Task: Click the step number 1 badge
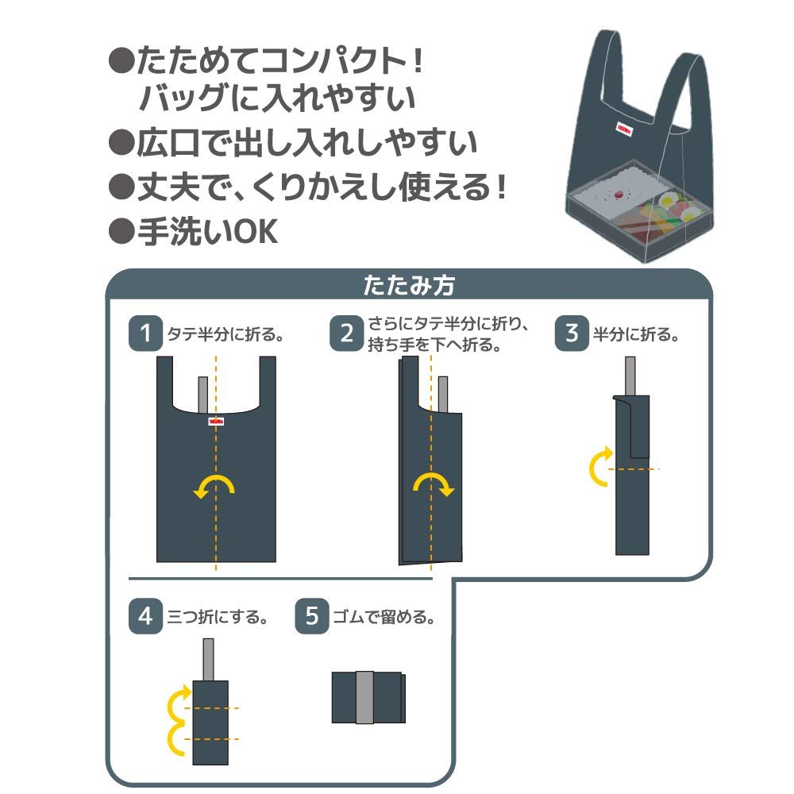[145, 333]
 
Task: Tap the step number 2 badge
[347, 333]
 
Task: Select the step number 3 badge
[572, 333]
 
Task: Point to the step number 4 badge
[145, 616]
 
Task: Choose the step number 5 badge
[312, 616]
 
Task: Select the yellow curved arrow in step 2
[434, 485]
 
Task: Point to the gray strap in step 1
[202, 391]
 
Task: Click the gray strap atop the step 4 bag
[208, 658]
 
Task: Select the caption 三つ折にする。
[217, 617]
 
